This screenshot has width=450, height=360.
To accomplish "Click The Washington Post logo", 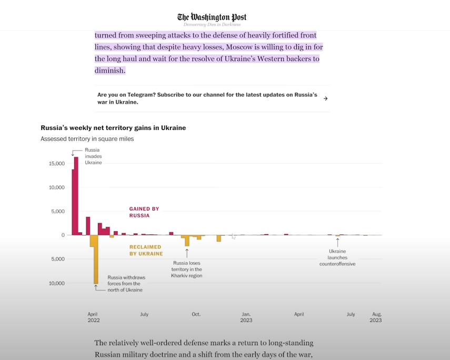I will tap(212, 17).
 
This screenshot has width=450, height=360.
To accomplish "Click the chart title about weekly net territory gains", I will tap(113, 128).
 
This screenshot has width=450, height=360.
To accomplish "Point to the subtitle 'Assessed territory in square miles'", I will tap(87, 139).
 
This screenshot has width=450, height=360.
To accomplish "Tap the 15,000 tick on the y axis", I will tap(57, 164).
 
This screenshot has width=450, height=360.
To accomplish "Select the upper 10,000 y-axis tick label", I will tap(57, 187).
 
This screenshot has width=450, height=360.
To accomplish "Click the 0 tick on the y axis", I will tap(63, 235).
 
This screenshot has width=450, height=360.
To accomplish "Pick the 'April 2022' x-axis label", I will tap(93, 317).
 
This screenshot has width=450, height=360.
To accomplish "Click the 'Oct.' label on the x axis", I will tap(196, 314).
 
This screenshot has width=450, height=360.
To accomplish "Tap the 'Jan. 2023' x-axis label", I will tap(246, 317).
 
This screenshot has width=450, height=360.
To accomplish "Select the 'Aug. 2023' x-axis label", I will tap(376, 317).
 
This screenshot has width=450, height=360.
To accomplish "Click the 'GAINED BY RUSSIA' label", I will tap(144, 212).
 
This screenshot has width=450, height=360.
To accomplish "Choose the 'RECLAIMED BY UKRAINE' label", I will tap(146, 250).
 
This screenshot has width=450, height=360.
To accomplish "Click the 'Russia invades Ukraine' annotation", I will tap(94, 156).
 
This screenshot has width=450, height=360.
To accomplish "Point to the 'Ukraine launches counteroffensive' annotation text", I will tap(337, 257).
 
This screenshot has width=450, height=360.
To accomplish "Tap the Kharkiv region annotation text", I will tap(187, 269).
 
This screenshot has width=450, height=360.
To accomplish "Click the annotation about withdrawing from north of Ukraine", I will tap(126, 283).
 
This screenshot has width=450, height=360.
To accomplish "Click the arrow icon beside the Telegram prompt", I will tap(325, 98).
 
